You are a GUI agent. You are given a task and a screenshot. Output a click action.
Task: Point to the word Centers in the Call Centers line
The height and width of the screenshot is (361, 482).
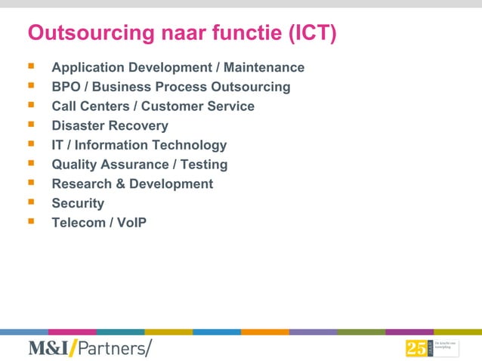tap(104, 106)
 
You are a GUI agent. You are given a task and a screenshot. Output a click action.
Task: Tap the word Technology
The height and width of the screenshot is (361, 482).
tap(189, 145)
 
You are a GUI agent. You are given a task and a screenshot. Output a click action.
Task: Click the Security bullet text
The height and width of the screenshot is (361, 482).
tap(78, 203)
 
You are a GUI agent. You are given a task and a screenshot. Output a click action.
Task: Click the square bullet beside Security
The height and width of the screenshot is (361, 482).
tap(31, 202)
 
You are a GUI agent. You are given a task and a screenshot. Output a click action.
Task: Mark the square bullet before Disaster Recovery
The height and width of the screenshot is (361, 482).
tap(31, 125)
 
